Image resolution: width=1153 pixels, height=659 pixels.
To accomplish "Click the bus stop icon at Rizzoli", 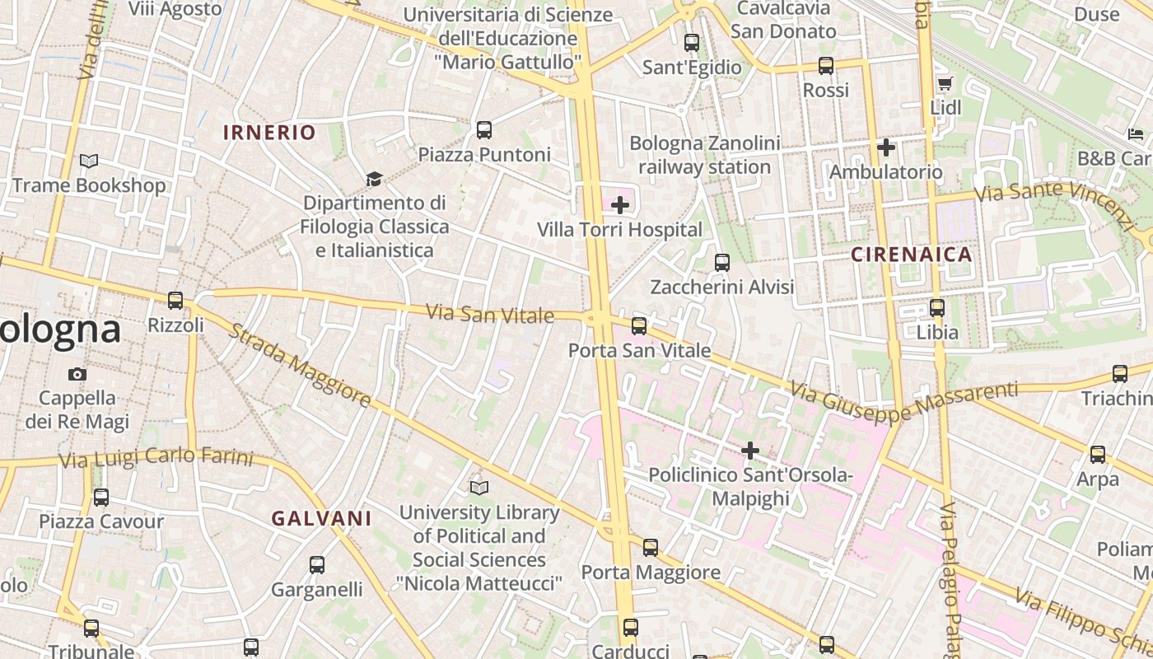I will click(175, 301).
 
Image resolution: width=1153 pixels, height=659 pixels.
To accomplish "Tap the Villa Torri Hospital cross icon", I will click(620, 205).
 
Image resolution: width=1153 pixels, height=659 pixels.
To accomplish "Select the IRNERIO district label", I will click(269, 133).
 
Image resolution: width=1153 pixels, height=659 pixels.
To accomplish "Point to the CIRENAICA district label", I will click(912, 255).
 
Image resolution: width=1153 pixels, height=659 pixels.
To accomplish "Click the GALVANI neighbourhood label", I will click(322, 519).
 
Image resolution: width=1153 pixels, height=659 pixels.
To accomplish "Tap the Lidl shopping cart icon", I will click(945, 83).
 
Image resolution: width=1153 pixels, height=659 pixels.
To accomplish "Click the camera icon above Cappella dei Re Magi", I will click(77, 374).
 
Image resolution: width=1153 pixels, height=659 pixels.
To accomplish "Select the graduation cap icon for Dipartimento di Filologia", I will click(374, 179).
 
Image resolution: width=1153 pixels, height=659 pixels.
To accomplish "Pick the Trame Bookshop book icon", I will click(89, 161).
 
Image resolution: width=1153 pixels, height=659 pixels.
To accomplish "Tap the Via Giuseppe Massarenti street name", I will click(903, 400).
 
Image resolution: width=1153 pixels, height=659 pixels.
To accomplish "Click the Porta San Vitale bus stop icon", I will click(639, 326).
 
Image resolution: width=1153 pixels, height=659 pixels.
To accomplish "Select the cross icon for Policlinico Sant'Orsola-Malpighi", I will click(749, 451).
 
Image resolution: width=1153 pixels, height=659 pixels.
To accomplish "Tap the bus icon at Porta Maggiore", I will click(651, 548).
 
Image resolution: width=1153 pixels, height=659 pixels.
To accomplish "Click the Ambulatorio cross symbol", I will click(886, 148).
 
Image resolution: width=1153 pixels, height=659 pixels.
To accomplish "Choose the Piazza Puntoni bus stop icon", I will click(484, 130).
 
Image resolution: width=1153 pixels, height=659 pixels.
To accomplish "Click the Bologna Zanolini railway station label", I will click(704, 155).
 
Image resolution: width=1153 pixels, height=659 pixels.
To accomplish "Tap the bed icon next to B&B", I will click(1136, 133).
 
